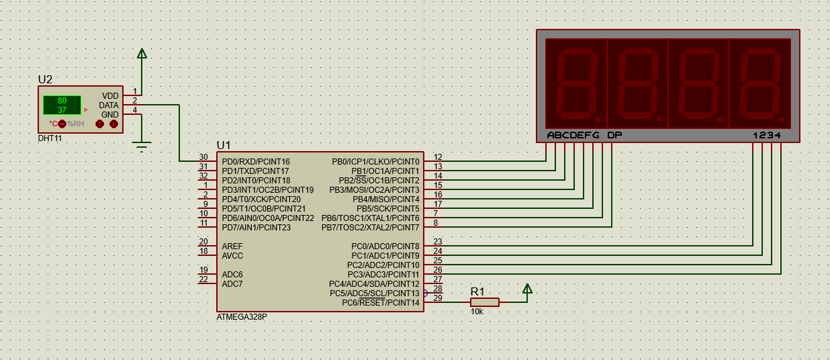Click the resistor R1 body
pos(484,302)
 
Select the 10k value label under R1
pos(477,312)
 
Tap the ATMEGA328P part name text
pos(242,316)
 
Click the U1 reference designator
pos(223,145)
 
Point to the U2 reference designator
pos(45,79)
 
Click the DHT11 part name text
pos(50,138)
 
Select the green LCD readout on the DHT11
pos(62,105)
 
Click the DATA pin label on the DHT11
pos(108,105)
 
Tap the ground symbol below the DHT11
pos(142,146)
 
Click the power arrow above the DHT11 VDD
pos(142,54)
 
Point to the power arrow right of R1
pos(527,289)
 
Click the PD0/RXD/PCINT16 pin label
pos(256,162)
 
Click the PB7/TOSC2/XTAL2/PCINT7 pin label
pos(370,228)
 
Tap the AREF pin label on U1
pos(232,246)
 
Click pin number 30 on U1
pos(203,157)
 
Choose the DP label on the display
pos(614,135)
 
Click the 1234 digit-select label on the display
pos(767,135)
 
